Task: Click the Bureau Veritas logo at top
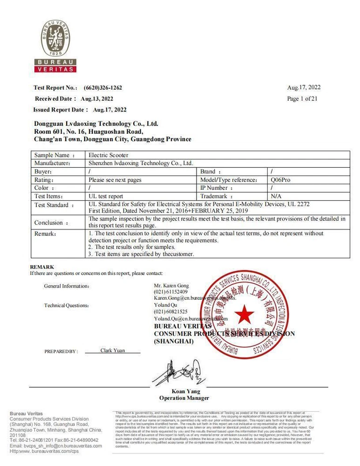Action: (56, 47)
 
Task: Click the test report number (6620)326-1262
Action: (103, 88)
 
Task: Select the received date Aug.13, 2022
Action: (97, 99)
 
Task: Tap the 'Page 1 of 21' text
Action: (302, 99)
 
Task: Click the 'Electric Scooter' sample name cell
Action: (109, 155)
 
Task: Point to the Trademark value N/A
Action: (276, 196)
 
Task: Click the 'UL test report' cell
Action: (106, 197)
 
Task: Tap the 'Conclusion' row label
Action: (51, 223)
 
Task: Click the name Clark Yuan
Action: (113, 350)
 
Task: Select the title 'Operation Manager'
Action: (184, 398)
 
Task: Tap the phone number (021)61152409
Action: (171, 291)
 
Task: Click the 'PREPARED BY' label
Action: (61, 351)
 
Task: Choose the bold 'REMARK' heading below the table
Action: (42, 267)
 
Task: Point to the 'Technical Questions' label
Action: (66, 306)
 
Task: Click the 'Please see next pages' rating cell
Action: (115, 180)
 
